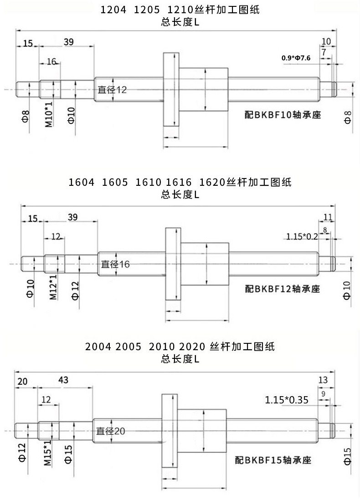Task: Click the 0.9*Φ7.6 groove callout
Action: pyautogui.click(x=297, y=58)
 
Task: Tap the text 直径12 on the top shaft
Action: pyautogui.click(x=112, y=90)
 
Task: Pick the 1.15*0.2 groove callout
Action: pyautogui.click(x=302, y=236)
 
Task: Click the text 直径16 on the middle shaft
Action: pyautogui.click(x=115, y=264)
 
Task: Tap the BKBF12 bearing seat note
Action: pyautogui.click(x=283, y=289)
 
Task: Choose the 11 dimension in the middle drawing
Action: pyautogui.click(x=328, y=217)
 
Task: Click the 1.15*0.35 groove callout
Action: pyautogui.click(x=287, y=400)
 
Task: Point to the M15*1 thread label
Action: pyautogui.click(x=48, y=454)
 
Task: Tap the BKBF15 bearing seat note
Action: pyautogui.click(x=273, y=460)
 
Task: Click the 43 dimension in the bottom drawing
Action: pyautogui.click(x=65, y=379)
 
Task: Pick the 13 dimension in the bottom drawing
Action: pyautogui.click(x=323, y=380)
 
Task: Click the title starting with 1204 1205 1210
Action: pyautogui.click(x=180, y=10)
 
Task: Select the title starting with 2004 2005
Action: pyautogui.click(x=180, y=347)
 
